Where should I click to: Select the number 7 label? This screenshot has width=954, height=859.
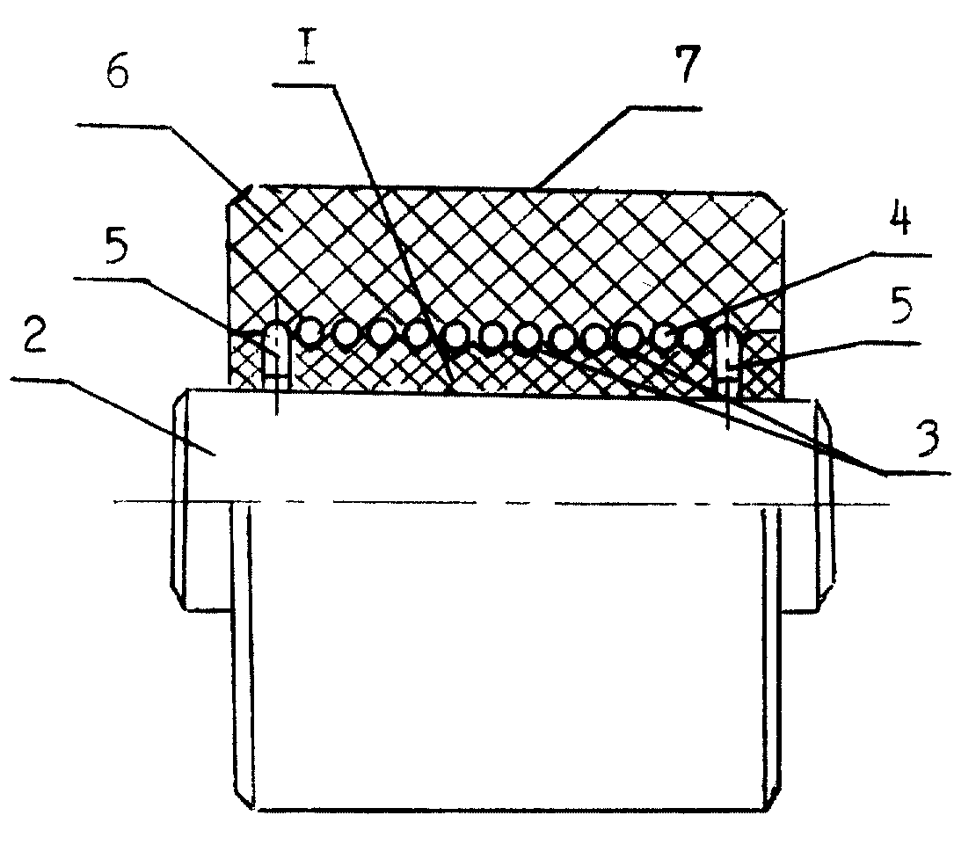coord(686,64)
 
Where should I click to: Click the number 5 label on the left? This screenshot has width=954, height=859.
coord(117,248)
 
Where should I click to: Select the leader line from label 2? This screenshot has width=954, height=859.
coord(113,415)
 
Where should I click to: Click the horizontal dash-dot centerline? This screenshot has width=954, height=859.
coord(501,503)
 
